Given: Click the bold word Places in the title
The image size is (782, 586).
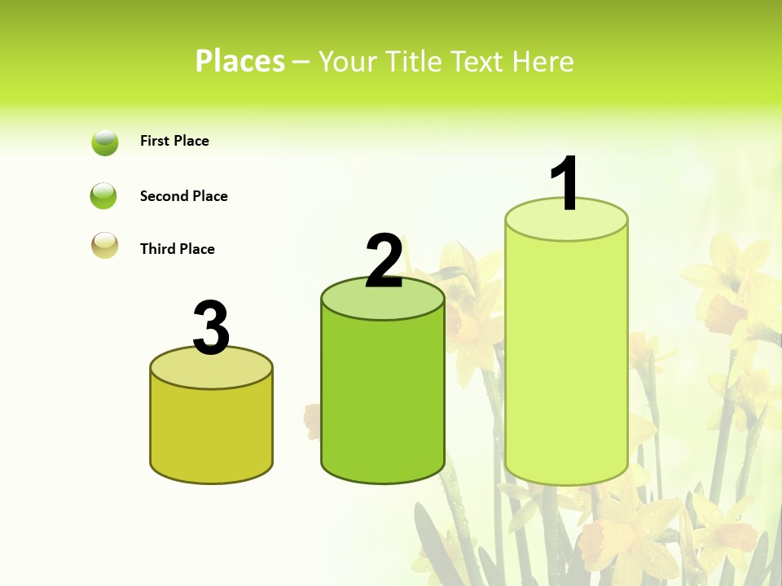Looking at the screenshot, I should [240, 61].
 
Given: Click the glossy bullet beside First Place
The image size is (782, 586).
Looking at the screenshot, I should [105, 142].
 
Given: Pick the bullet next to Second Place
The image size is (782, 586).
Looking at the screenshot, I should [103, 196].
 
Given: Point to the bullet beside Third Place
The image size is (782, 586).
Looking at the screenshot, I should [105, 245].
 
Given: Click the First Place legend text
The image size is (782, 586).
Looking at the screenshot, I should [174, 141].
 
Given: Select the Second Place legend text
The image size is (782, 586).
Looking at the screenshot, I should [183, 196].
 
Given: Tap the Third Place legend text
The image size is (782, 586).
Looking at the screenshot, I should [177, 249].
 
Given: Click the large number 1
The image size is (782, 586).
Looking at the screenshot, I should [566, 182].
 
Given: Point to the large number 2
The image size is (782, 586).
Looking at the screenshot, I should [384, 261].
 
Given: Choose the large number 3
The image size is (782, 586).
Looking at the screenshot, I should [212, 329].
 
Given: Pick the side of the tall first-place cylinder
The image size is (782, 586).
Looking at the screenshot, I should [566, 358].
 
